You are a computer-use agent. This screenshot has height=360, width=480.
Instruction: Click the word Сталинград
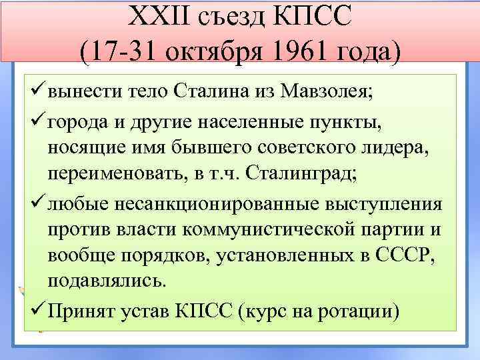[x=301, y=174]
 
